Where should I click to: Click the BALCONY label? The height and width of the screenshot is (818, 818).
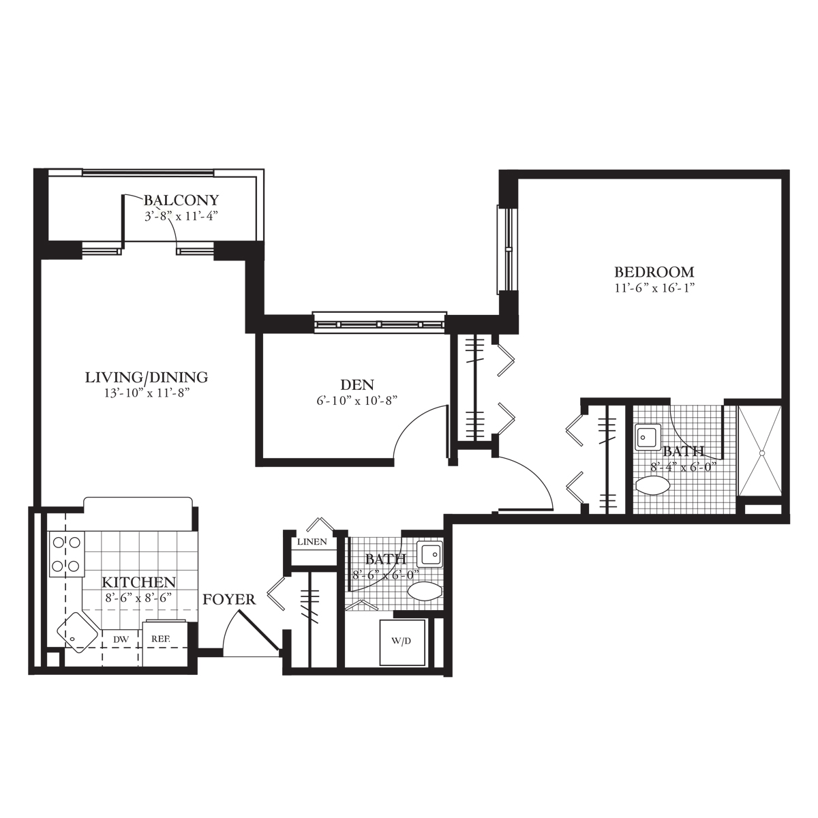point(181,200)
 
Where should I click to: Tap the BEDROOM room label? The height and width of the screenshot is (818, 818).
point(654,271)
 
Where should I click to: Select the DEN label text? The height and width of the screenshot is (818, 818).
point(357,385)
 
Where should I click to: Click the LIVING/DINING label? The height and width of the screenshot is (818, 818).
point(147,377)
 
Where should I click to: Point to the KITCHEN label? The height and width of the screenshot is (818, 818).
point(139,581)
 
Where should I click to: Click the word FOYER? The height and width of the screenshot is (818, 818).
point(229,599)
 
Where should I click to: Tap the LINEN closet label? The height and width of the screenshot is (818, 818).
point(312,542)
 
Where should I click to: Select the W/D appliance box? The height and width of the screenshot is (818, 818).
point(402,643)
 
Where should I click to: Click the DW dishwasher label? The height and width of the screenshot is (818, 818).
point(121,639)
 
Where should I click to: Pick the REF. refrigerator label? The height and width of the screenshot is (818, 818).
point(162,639)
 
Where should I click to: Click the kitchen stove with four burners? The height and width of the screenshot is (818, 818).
point(67,554)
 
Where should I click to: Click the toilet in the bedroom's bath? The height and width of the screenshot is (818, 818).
point(652,486)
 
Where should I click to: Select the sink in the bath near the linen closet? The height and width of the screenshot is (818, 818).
point(429,554)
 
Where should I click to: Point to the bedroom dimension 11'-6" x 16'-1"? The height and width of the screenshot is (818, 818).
point(654,288)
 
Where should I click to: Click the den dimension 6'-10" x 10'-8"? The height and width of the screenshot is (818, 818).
point(357,402)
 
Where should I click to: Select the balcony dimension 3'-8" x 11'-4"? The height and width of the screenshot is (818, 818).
point(181,216)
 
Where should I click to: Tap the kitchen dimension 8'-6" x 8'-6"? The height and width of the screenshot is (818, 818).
point(139,598)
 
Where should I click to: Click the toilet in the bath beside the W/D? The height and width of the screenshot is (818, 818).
point(424,590)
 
